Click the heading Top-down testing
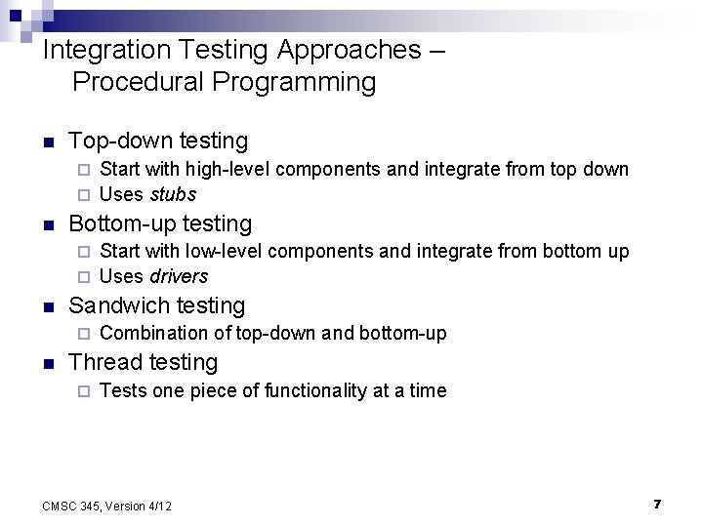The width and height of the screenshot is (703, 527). coord(158,142)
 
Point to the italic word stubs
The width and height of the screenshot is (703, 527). coord(173,194)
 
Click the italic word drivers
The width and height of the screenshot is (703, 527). coord(179,276)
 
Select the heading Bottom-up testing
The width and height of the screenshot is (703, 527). coord(160,223)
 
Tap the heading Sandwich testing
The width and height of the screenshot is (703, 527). coord(157,305)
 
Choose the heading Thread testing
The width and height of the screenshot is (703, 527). coord(144,362)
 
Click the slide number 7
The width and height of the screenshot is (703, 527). coord(657,504)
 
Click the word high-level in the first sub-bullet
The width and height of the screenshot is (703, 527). coord(230,169)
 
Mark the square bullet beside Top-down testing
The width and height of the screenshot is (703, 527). coord(48,142)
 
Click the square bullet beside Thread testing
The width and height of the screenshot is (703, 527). coord(48,363)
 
